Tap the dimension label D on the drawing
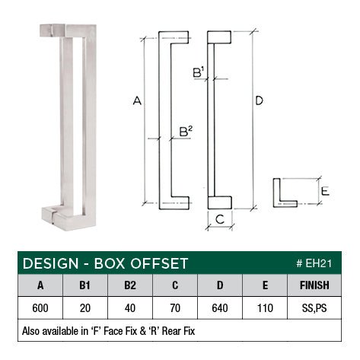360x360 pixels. [x=260, y=100]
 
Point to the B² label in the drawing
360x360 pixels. [x=185, y=132]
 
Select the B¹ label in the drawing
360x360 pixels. [x=198, y=73]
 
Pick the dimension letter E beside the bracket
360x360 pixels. [x=324, y=192]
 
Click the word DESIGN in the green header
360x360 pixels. [x=50, y=263]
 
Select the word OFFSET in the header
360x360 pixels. [x=158, y=263]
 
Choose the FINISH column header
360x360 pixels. [x=314, y=286]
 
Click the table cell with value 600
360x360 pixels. [x=40, y=310]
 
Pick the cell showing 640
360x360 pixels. [x=221, y=310]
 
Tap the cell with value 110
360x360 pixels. [x=266, y=310]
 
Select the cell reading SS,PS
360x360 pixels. [x=314, y=310]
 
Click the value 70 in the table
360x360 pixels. [x=176, y=310]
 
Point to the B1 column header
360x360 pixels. [x=85, y=286]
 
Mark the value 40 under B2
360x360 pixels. [x=130, y=310]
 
